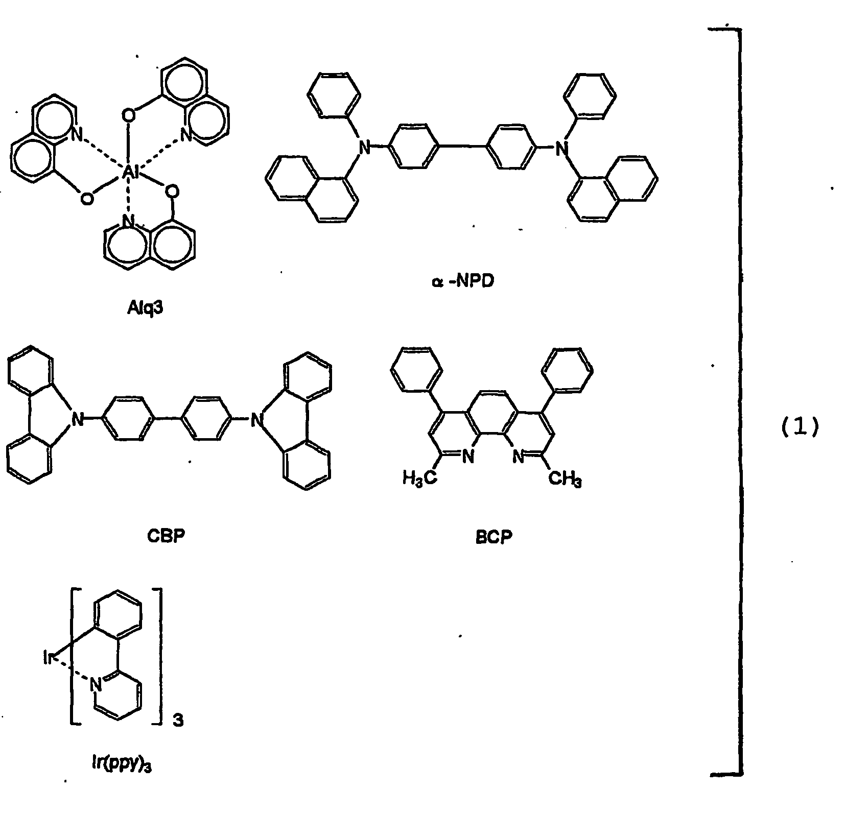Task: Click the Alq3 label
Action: pyautogui.click(x=146, y=308)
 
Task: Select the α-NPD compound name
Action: pyautogui.click(x=463, y=281)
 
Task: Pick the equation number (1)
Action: pyautogui.click(x=800, y=426)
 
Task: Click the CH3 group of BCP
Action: pyautogui.click(x=565, y=480)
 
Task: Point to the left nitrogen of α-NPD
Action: pyautogui.click(x=364, y=148)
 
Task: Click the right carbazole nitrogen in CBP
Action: pyautogui.click(x=256, y=420)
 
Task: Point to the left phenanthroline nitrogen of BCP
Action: pyautogui.click(x=468, y=457)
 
